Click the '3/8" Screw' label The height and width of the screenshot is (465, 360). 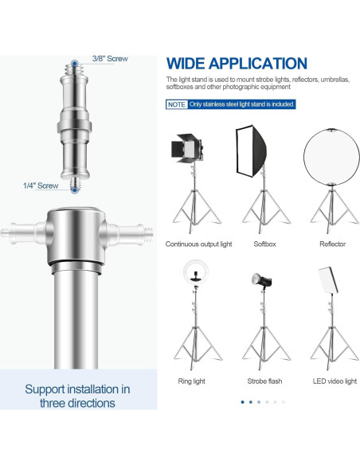(110, 59)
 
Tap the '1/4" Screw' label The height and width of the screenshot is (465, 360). (41, 186)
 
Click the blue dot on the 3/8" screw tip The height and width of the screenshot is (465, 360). (74, 63)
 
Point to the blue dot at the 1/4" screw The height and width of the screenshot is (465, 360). (74, 190)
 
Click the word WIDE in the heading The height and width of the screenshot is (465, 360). (186, 64)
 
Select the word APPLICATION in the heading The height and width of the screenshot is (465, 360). (258, 64)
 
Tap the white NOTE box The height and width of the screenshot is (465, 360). (177, 104)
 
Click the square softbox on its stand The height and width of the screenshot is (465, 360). (251, 150)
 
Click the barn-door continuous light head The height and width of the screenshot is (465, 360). (187, 148)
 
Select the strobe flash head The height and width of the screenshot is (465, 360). (261, 280)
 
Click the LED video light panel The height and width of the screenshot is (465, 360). (328, 280)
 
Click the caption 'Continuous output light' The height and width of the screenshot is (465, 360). (198, 244)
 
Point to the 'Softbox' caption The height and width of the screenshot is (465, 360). (264, 244)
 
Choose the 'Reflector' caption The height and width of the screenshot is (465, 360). (332, 244)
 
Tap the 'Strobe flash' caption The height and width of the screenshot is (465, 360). (264, 381)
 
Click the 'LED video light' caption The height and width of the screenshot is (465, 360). (335, 381)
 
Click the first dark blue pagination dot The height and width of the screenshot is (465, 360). (243, 402)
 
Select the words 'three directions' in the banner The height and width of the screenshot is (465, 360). (77, 404)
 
